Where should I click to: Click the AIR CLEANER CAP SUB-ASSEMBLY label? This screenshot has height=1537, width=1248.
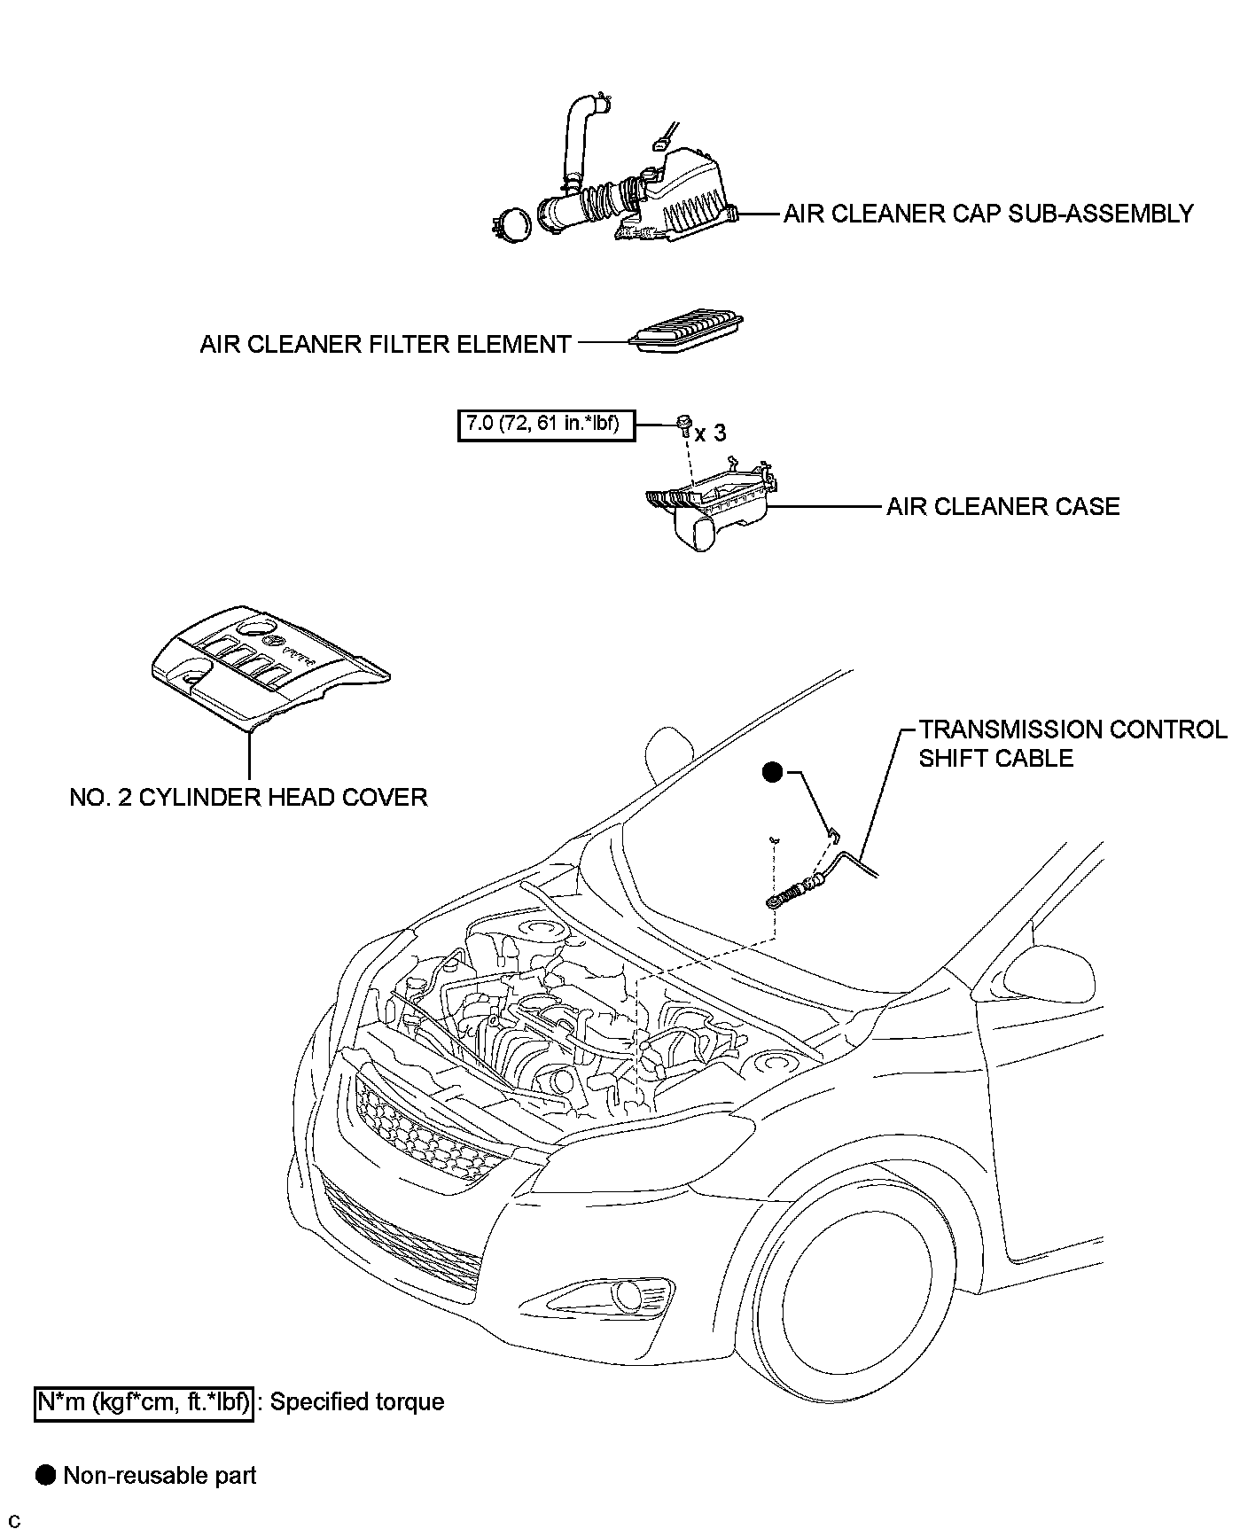988,214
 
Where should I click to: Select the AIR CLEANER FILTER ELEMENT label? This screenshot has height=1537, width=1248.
385,344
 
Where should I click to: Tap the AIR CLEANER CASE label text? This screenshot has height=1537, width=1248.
1002,506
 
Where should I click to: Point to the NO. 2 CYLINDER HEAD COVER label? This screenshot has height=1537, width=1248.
248,797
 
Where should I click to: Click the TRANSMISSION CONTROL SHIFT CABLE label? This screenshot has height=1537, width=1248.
1072,744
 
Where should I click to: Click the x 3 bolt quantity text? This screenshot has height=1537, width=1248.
710,433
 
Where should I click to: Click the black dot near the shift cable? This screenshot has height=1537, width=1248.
773,773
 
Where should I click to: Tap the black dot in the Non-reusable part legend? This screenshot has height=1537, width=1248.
45,1475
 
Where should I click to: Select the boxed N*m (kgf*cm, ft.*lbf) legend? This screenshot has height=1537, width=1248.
144,1401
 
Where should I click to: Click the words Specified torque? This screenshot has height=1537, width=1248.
357,1401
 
